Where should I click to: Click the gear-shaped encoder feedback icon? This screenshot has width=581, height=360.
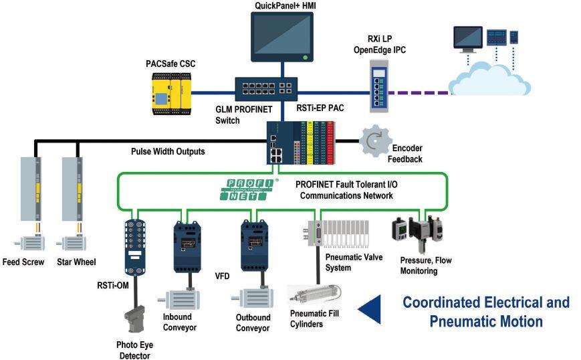pos(374,141)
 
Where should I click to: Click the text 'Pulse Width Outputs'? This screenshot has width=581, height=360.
pos(168,151)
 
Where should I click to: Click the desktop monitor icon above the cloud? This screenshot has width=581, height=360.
pos(467,37)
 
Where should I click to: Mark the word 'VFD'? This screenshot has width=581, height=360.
pos(223,275)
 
